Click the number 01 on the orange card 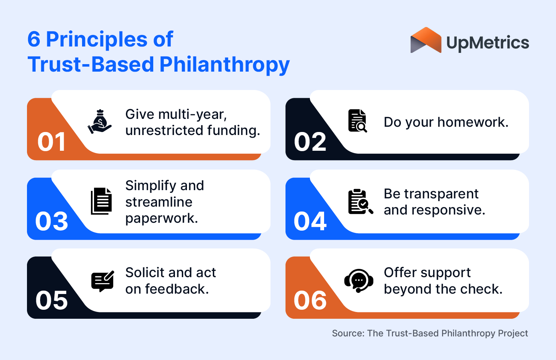[x=52, y=142]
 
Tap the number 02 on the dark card [x=310, y=142]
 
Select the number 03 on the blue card [x=52, y=221]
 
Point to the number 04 [x=310, y=221]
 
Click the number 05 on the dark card [x=52, y=300]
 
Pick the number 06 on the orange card [x=310, y=300]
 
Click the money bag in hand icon [x=100, y=121]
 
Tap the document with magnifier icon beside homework [x=357, y=121]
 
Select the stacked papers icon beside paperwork [x=101, y=201]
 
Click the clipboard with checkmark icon [x=360, y=201]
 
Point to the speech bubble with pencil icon [x=102, y=281]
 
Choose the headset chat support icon [x=359, y=280]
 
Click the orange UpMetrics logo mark [x=426, y=40]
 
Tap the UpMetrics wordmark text [x=487, y=43]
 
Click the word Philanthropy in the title [x=224, y=64]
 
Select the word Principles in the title [x=97, y=39]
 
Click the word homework [x=473, y=122]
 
